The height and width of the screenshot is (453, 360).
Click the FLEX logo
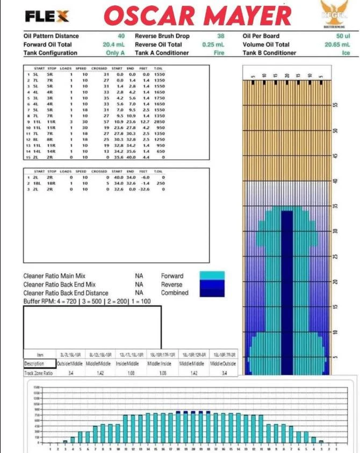[x=47, y=17]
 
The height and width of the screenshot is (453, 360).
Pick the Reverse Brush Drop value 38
[x=220, y=36]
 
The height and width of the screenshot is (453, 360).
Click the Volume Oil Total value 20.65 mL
[x=337, y=45]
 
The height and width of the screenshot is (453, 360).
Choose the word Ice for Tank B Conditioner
[x=346, y=53]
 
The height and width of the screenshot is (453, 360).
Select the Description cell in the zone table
[x=39, y=364]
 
